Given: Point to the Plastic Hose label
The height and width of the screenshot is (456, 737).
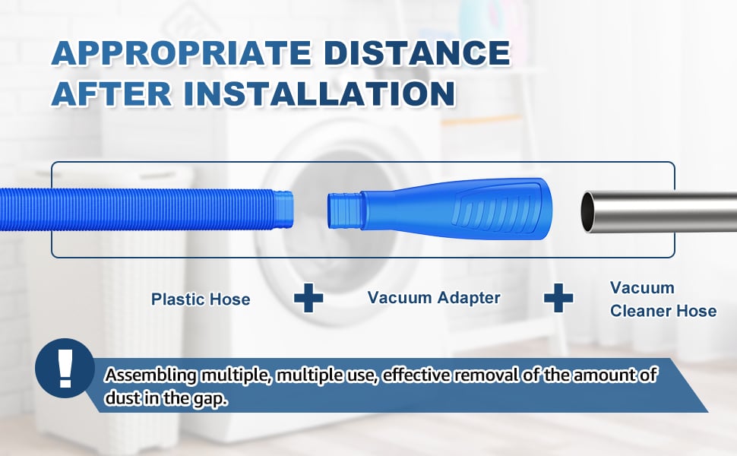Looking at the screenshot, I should [x=201, y=299].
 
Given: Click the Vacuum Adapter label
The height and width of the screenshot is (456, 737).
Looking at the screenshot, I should [x=434, y=297].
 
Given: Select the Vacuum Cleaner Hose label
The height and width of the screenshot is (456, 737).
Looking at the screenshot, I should [x=663, y=299].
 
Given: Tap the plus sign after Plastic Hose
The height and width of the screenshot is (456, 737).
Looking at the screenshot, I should [x=308, y=298].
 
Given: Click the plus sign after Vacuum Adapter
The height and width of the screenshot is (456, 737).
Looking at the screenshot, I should [x=558, y=298].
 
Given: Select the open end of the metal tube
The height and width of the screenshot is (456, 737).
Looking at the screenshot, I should [x=589, y=211].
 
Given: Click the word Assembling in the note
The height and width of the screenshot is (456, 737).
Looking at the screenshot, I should [x=151, y=375].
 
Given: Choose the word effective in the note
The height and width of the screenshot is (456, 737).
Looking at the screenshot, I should [x=422, y=375].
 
